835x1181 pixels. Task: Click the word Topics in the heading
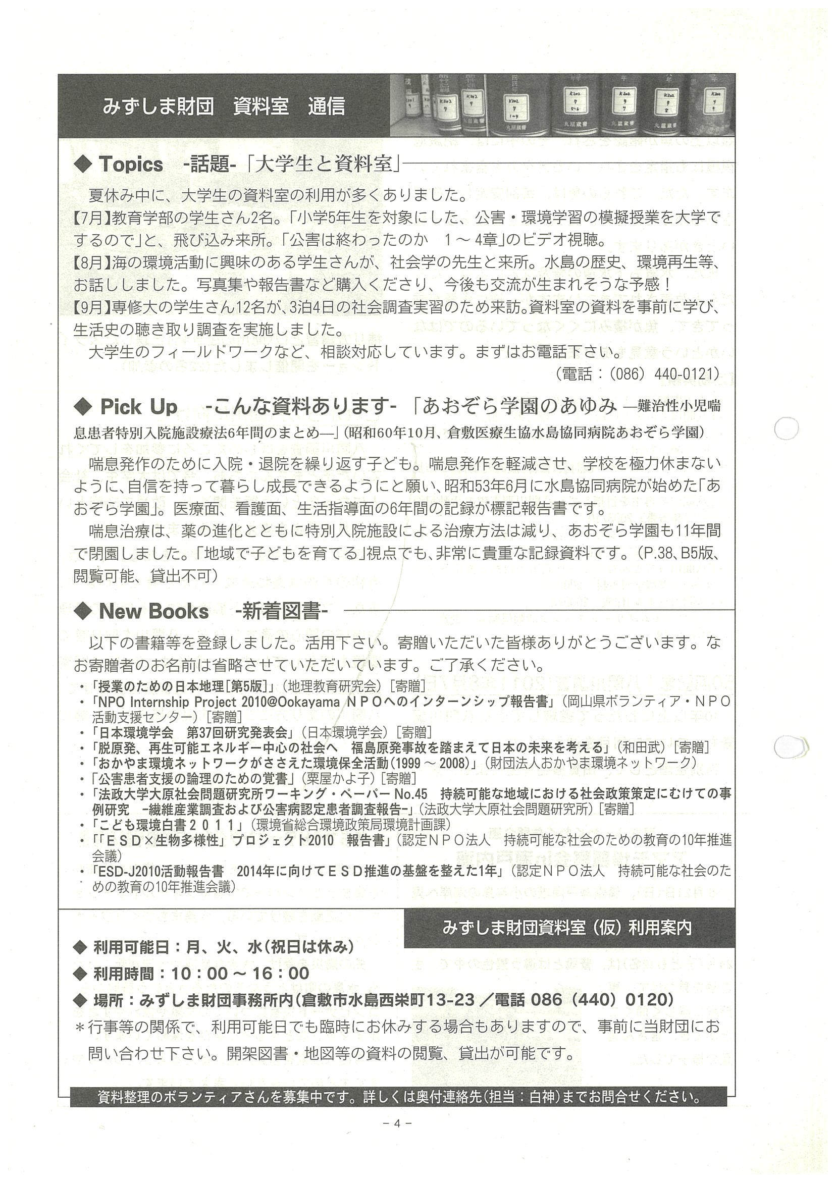pos(131,165)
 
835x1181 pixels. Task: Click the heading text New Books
pos(153,612)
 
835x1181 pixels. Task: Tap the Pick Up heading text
pos(138,407)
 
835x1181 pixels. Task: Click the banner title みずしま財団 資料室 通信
pos(223,106)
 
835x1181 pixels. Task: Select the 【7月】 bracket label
pos(92,218)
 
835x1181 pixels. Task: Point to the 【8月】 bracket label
pos(92,263)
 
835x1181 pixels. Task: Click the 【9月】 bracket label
pos(92,307)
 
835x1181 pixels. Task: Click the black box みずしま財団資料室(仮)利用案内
pos(569,928)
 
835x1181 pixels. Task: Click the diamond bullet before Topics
pos(82,165)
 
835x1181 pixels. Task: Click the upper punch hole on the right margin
pos(786,428)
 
